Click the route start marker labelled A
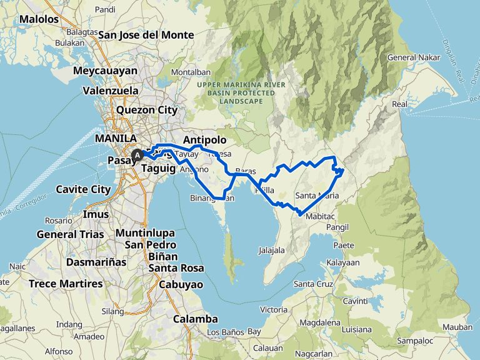point(137,154)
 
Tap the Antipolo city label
point(204,140)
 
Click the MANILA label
point(116,138)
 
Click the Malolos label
point(39,19)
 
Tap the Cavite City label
point(83,189)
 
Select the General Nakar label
point(411,57)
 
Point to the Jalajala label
point(271,250)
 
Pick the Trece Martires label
point(66,284)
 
